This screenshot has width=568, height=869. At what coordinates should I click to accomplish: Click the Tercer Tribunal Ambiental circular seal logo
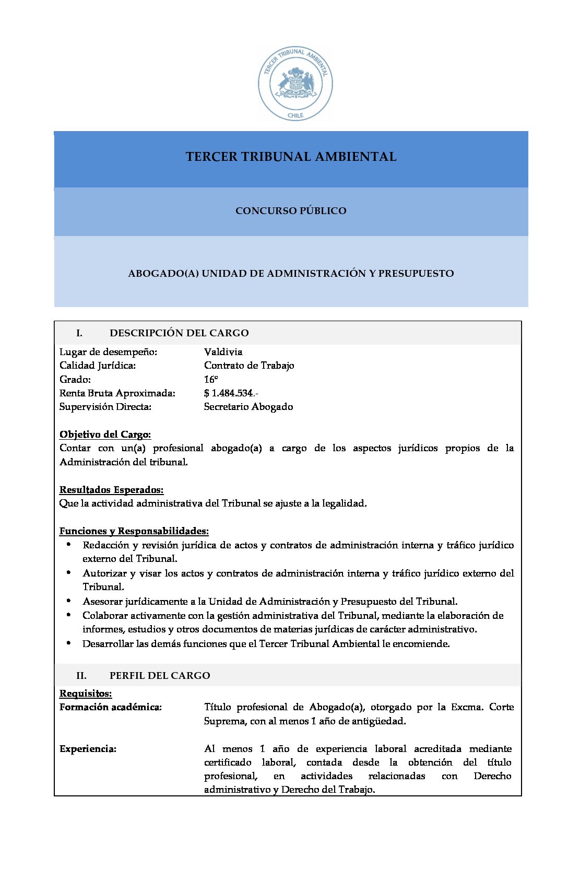[x=295, y=84]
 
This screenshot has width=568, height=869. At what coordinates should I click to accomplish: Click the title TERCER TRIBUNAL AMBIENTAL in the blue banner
[x=291, y=157]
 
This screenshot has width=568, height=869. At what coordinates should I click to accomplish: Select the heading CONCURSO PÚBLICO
[x=291, y=211]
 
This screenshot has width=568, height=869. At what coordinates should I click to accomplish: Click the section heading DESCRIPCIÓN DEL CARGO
[x=179, y=333]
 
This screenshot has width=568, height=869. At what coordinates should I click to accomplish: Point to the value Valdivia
[x=223, y=352]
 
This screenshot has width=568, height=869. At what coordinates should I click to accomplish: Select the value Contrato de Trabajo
[x=249, y=366]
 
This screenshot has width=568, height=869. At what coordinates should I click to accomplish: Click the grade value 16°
[x=211, y=380]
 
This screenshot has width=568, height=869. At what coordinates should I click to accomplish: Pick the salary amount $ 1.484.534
[x=230, y=393]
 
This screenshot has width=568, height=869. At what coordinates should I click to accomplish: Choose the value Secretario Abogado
[x=249, y=407]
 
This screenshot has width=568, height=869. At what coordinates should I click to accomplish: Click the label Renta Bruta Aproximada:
[x=117, y=393]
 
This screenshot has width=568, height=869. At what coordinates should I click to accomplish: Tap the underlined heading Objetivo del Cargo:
[x=105, y=434]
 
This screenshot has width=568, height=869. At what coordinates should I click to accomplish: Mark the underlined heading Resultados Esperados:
[x=112, y=490]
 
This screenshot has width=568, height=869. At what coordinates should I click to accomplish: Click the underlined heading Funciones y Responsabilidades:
[x=134, y=531]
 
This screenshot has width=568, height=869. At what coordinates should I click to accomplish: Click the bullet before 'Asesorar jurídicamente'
[x=68, y=601]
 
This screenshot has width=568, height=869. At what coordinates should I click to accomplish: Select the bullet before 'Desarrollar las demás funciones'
[x=68, y=643]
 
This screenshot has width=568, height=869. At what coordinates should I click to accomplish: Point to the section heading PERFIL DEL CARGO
[x=160, y=676]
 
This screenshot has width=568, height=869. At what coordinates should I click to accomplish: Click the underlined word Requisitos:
[x=86, y=694]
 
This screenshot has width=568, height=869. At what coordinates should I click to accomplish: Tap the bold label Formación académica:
[x=111, y=707]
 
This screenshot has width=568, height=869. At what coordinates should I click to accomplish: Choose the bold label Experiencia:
[x=88, y=749]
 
